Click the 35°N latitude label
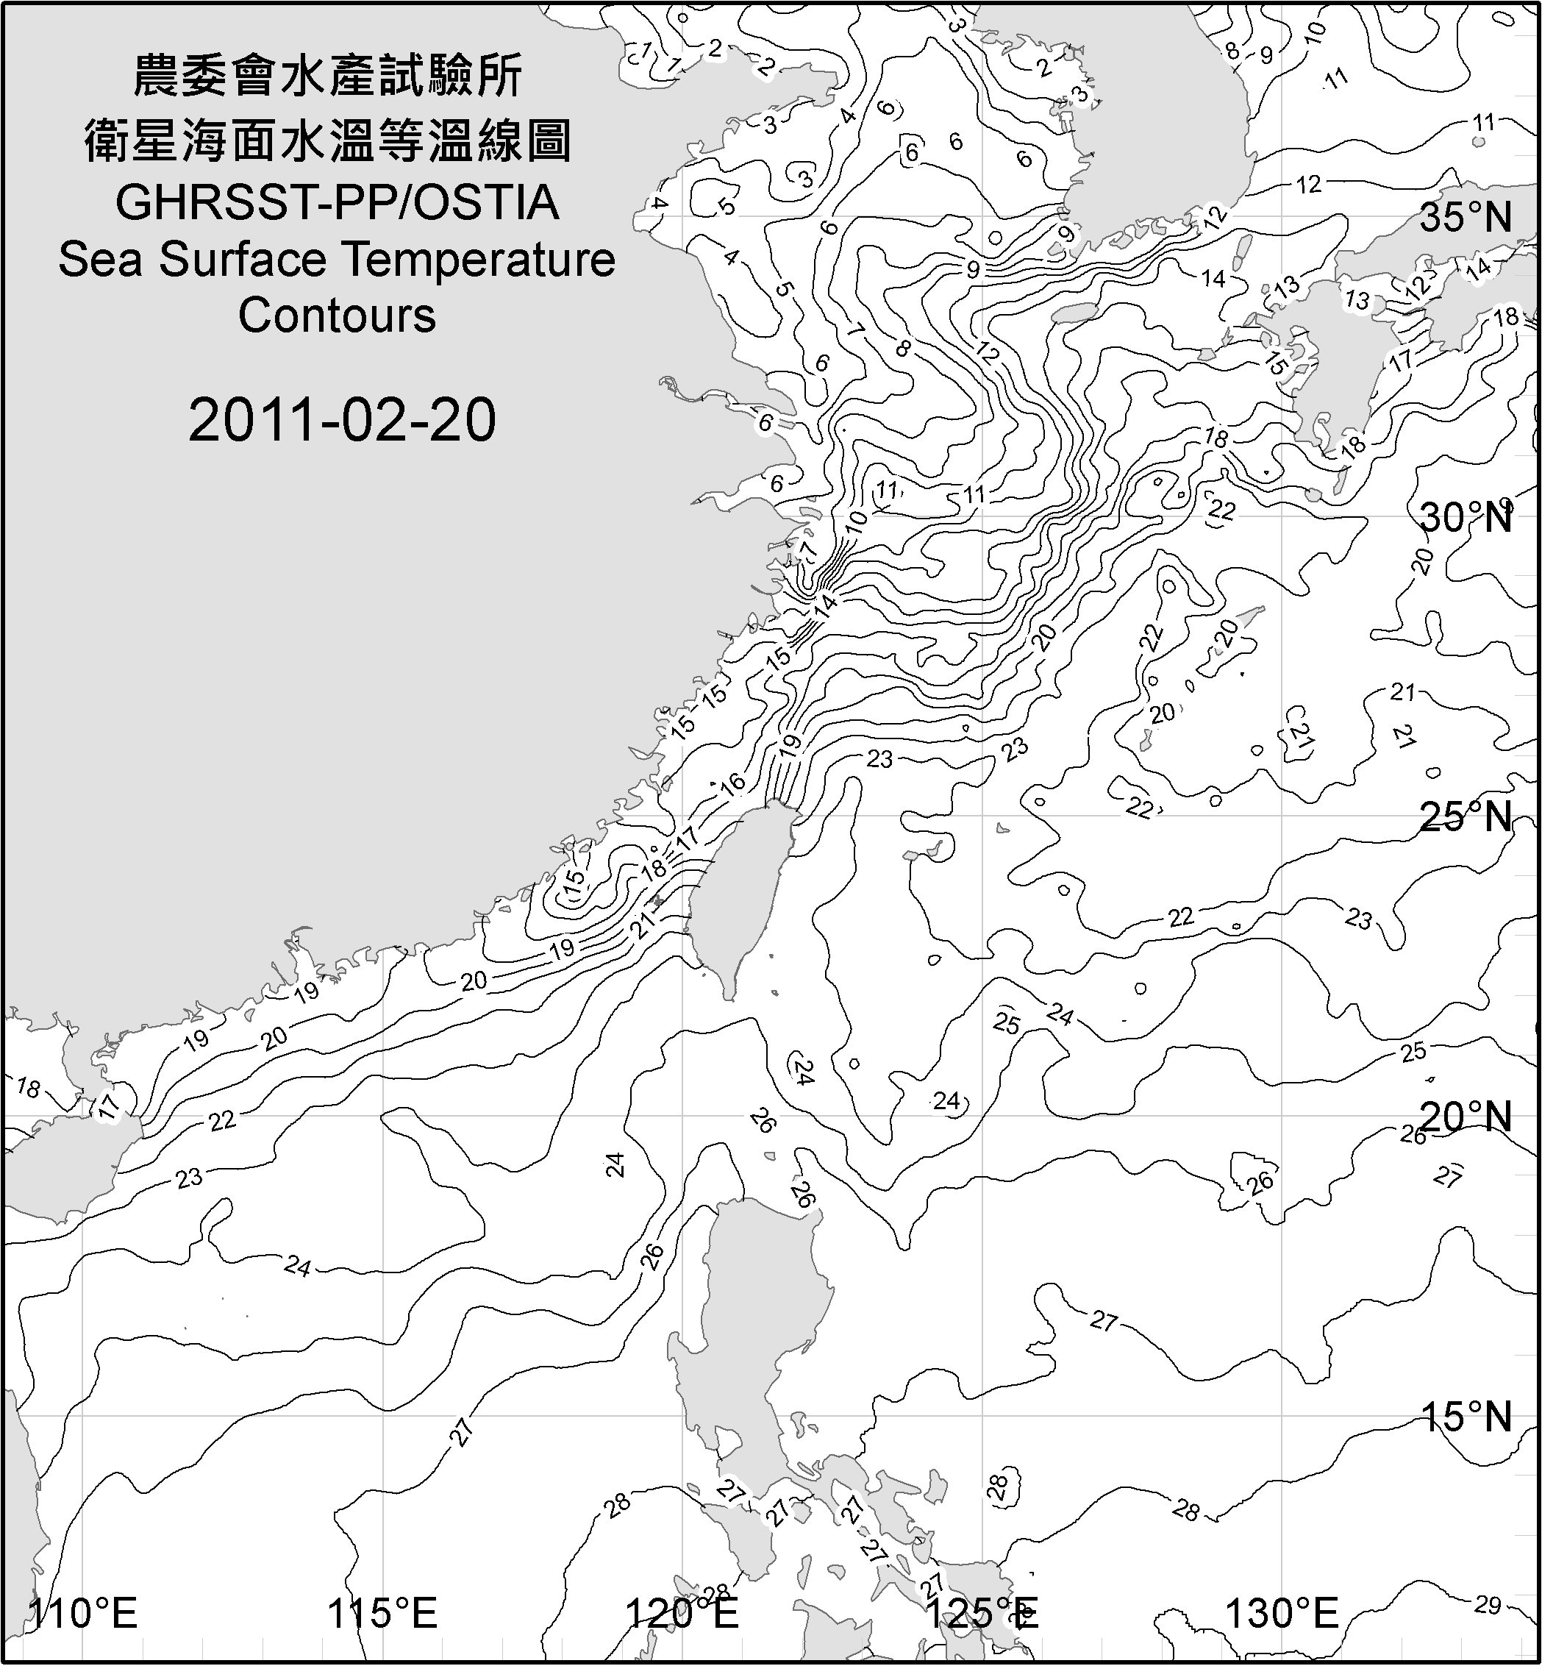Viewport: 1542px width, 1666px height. click(1466, 218)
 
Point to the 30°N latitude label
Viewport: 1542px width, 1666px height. click(1466, 519)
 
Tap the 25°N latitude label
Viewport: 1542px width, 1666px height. click(1466, 817)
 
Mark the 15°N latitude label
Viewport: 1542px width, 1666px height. click(1466, 1417)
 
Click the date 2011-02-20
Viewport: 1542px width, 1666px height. click(342, 420)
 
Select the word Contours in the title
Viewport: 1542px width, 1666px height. click(337, 316)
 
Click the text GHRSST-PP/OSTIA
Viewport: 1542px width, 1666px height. click(337, 203)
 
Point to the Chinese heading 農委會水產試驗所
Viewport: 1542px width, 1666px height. click(329, 76)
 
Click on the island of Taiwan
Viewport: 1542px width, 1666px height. click(738, 893)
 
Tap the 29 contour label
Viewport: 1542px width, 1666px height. click(1487, 1605)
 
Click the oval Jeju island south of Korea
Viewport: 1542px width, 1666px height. click(1072, 314)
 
